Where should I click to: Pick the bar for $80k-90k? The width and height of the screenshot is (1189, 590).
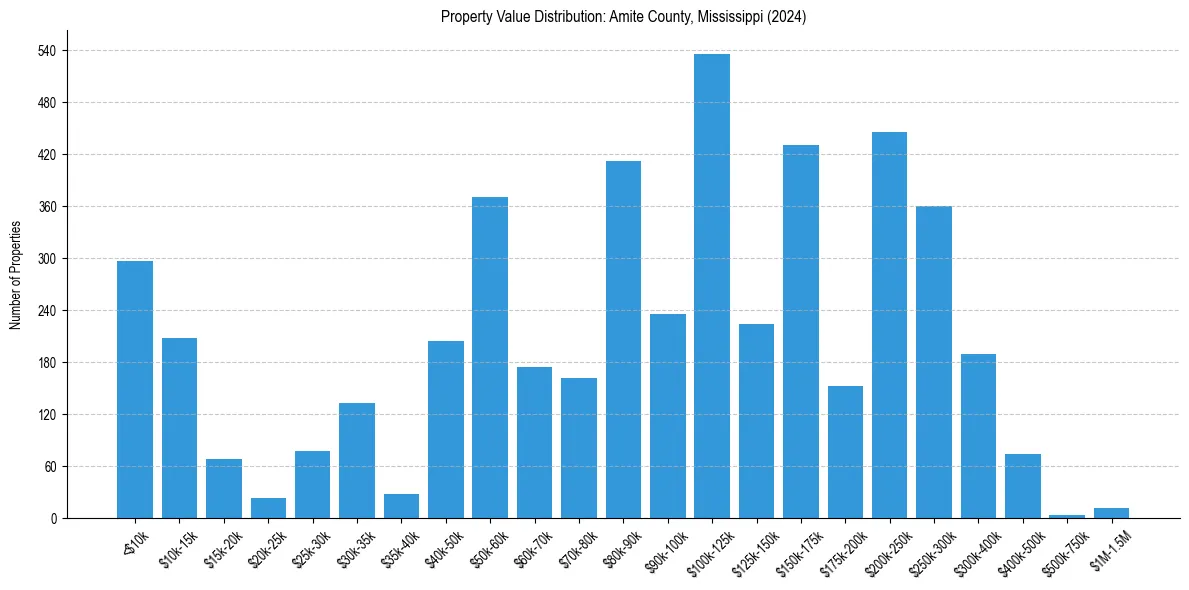tap(623, 339)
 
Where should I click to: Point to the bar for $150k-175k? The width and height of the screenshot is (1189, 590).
tap(800, 331)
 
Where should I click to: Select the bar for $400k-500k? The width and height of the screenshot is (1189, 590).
tap(1022, 486)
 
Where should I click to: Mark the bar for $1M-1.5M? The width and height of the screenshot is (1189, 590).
tap(1111, 513)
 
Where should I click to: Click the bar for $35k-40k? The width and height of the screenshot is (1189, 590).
tap(401, 506)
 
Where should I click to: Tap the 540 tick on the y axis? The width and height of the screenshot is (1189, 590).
tap(46, 51)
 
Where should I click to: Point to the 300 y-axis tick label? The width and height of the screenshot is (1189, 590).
tap(46, 259)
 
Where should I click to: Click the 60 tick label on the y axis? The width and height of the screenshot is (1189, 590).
tap(49, 467)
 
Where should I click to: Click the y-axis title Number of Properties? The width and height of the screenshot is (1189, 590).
tap(15, 275)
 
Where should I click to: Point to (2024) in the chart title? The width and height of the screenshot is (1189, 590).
tap(785, 17)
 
